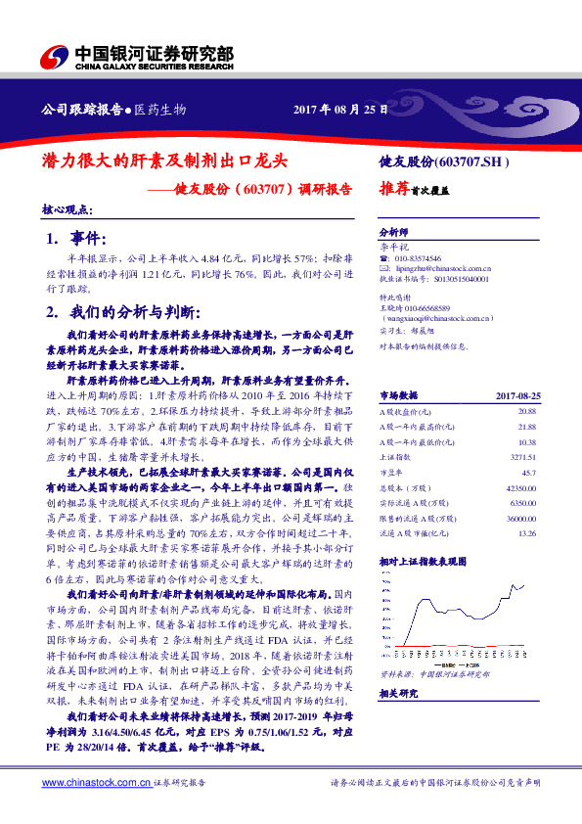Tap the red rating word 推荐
pos(394,193)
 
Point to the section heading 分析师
pos(393,232)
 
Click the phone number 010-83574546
pos(419,257)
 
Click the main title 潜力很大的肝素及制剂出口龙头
pos(165,158)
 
